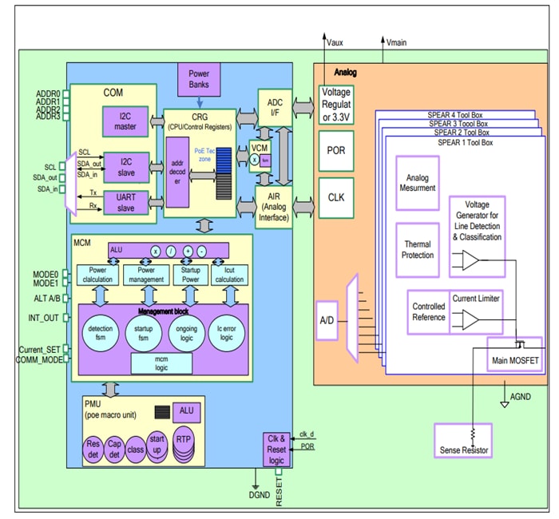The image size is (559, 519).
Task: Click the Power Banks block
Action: click(199, 81)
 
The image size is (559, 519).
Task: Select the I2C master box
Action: click(121, 123)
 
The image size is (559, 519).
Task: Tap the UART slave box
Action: click(121, 202)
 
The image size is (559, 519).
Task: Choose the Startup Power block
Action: click(191, 275)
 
